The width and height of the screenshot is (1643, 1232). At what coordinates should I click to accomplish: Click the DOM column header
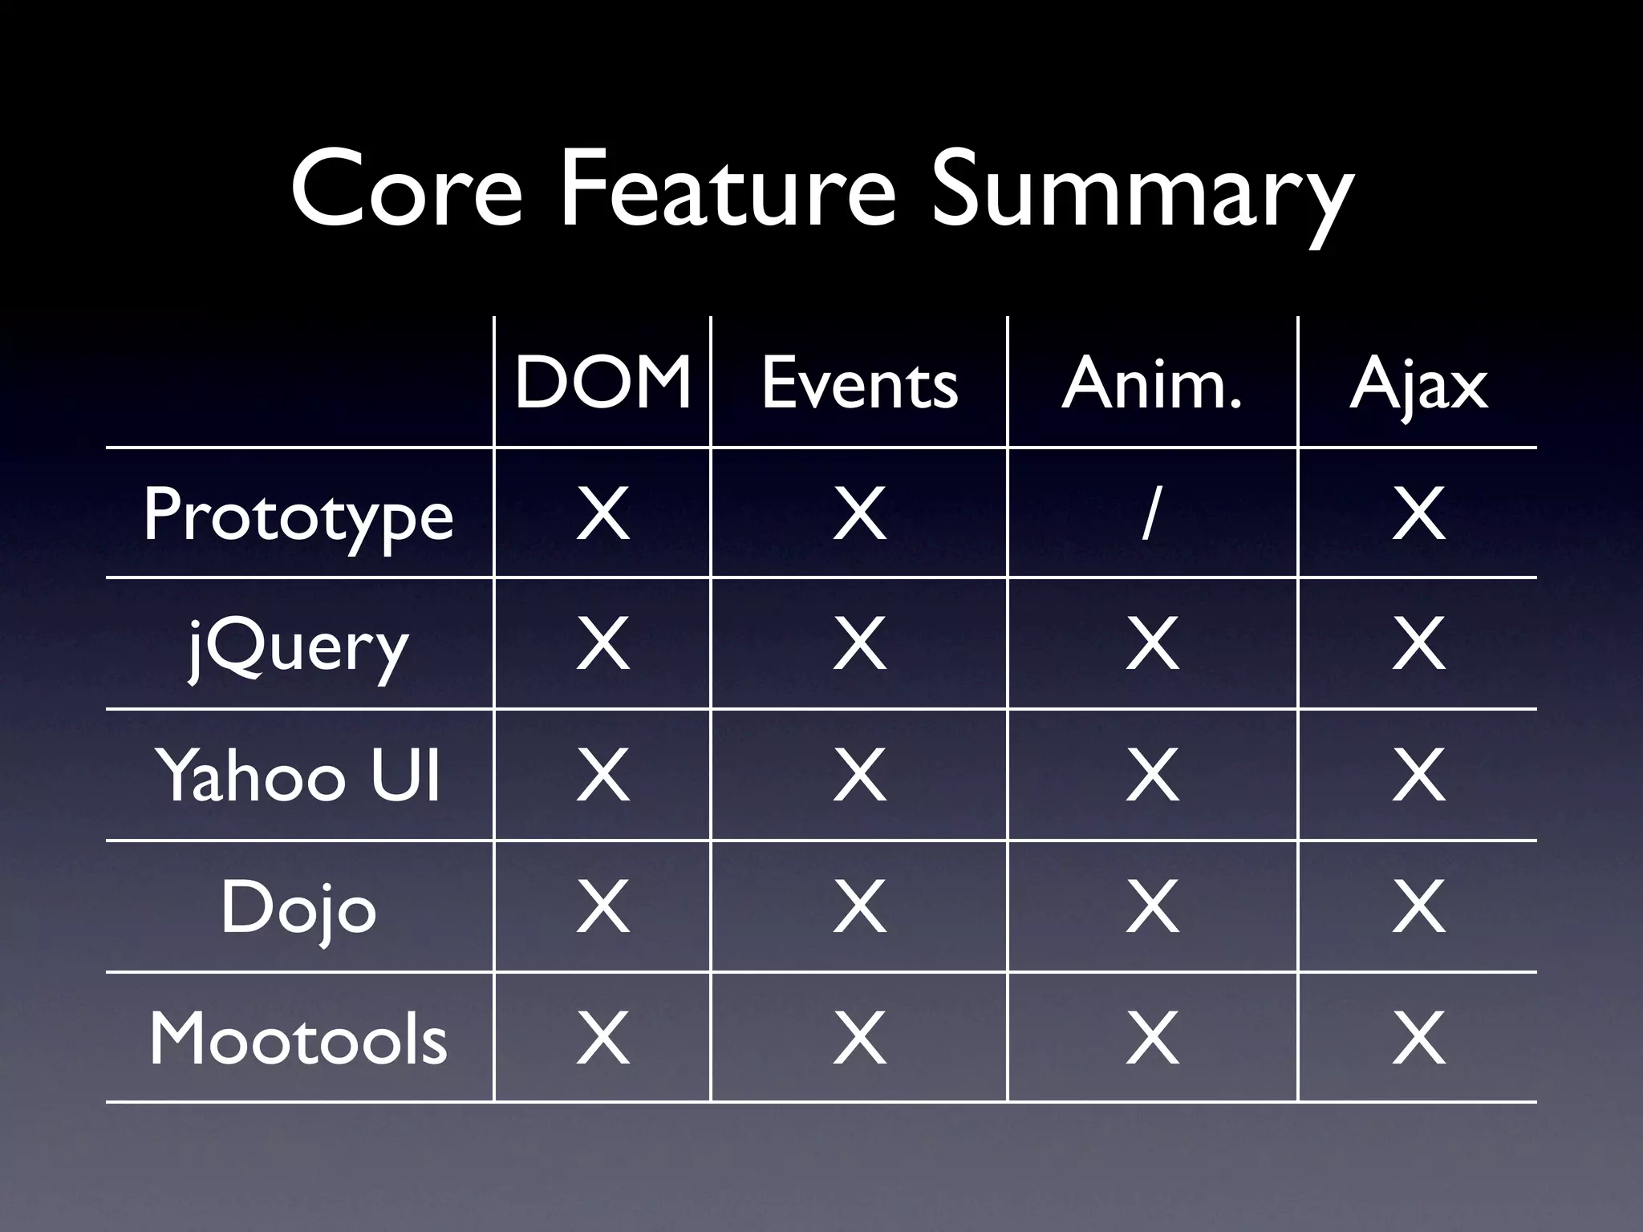602,383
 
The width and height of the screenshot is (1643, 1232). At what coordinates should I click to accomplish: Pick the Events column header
859,383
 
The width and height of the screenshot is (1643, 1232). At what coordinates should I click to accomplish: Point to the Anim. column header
1152,383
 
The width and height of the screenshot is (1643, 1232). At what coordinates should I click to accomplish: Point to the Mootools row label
298,1039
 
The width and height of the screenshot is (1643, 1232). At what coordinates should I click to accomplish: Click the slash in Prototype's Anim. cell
1150,514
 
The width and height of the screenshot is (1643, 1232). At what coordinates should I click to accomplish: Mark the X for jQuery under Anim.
1152,644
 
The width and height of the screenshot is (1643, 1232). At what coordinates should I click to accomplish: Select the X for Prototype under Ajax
1418,514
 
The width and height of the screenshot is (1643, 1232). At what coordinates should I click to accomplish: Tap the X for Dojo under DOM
602,907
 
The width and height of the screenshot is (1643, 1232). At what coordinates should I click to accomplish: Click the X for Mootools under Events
859,1039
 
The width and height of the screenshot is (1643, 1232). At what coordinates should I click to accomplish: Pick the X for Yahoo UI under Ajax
1418,776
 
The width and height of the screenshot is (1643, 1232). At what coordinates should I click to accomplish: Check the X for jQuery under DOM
602,644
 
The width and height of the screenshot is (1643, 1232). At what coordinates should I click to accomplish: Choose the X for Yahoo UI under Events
859,776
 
